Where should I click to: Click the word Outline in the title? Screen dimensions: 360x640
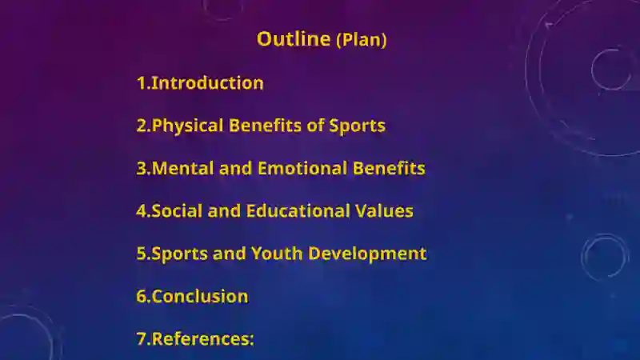pyautogui.click(x=293, y=38)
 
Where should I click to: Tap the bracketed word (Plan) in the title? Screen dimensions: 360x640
pyautogui.click(x=361, y=40)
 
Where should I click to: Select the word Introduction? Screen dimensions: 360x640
pyautogui.click(x=207, y=82)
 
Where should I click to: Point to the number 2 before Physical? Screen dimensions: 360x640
pyautogui.click(x=142, y=126)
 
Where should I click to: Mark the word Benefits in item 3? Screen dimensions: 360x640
pyautogui.click(x=390, y=168)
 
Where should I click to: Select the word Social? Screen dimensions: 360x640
pyautogui.click(x=177, y=211)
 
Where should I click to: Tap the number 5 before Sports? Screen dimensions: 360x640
pyautogui.click(x=142, y=254)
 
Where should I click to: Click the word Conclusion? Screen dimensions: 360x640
pyautogui.click(x=199, y=296)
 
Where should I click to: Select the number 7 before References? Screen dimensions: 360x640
pyautogui.click(x=142, y=338)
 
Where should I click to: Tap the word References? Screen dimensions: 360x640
pyautogui.click(x=200, y=338)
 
